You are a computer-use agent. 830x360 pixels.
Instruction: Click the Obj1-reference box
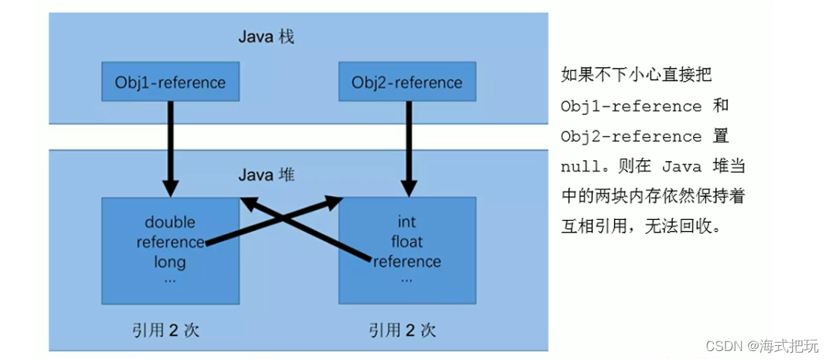point(170,82)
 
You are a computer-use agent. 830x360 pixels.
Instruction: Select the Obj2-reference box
point(407,82)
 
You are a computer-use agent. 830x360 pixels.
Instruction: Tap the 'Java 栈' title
point(266,37)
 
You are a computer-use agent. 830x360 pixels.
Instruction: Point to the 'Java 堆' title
point(266,175)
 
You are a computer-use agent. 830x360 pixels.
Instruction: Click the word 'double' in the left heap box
point(170,222)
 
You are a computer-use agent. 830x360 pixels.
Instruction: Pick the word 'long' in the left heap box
point(170,262)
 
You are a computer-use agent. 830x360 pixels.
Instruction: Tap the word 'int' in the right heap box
point(407,222)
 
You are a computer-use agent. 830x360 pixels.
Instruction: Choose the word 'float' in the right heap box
point(407,241)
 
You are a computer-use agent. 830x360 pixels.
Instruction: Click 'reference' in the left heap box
point(170,241)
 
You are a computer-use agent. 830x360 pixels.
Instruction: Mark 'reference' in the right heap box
point(407,262)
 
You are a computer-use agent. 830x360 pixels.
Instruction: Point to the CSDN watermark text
point(761,346)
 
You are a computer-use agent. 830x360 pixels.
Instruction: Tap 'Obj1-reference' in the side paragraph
point(630,107)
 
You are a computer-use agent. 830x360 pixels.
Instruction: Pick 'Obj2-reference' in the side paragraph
point(630,137)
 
